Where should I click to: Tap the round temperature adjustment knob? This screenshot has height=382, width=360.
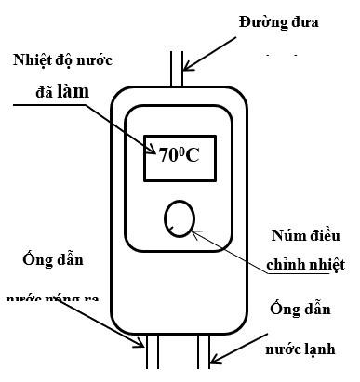coord(179,219)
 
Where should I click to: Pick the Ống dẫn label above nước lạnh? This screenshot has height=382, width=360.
coord(299,309)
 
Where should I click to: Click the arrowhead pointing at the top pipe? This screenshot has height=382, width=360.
coord(187,66)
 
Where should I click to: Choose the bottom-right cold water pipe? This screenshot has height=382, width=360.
coord(205,358)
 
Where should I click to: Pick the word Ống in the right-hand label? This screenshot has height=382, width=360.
coord(280,309)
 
